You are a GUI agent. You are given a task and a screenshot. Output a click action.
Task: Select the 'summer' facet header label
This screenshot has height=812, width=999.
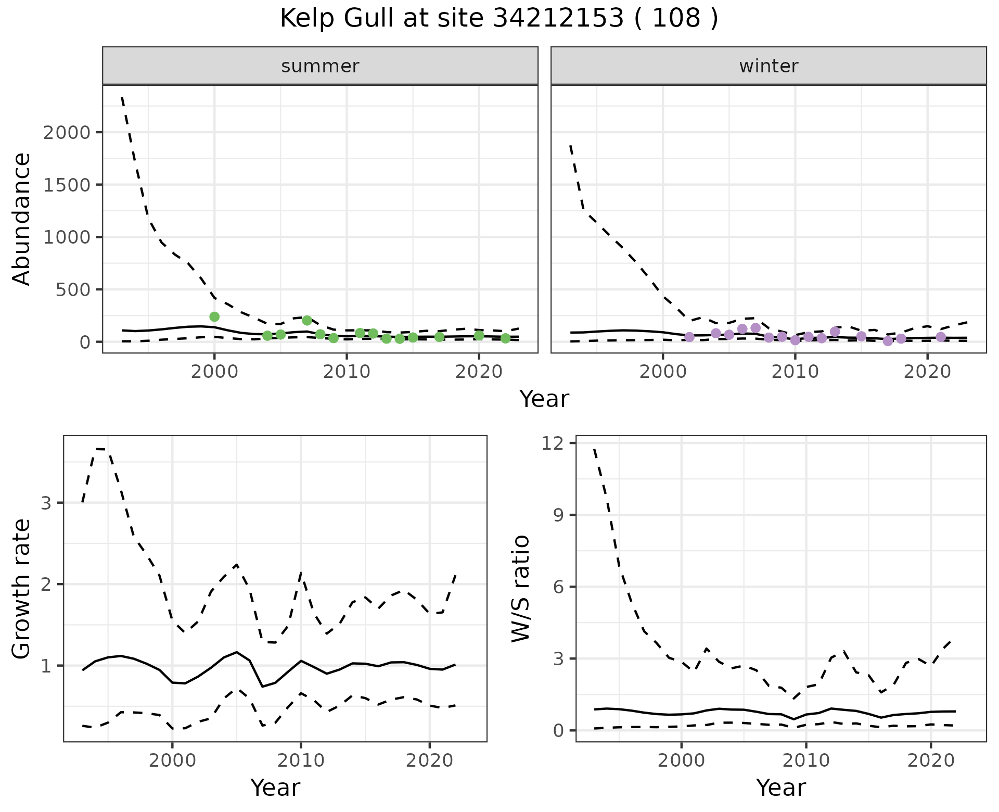pyautogui.click(x=320, y=66)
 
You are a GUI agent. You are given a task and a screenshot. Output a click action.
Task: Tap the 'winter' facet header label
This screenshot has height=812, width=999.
pyautogui.click(x=769, y=66)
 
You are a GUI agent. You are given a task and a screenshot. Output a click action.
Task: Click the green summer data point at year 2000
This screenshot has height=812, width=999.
pyautogui.click(x=214, y=316)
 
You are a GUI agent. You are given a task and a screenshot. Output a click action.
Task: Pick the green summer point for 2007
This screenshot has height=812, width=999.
pyautogui.click(x=307, y=320)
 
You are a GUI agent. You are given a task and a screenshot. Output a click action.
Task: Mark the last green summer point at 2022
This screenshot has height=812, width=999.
pyautogui.click(x=505, y=338)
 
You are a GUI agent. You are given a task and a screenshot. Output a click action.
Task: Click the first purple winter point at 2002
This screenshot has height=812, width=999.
pyautogui.click(x=689, y=337)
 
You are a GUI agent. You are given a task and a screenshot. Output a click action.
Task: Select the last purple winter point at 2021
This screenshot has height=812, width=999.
pyautogui.click(x=941, y=337)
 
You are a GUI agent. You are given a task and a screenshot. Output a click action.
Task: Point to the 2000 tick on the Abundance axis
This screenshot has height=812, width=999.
pyautogui.click(x=68, y=132)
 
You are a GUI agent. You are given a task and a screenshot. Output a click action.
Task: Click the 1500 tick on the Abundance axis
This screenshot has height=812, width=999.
pyautogui.click(x=68, y=185)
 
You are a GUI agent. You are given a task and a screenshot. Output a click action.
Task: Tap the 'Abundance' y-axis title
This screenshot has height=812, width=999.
pyautogui.click(x=22, y=219)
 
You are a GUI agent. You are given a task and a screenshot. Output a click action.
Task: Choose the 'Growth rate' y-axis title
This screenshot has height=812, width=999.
pyautogui.click(x=22, y=588)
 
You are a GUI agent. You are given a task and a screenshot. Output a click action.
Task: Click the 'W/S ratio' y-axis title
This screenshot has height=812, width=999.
pyautogui.click(x=520, y=588)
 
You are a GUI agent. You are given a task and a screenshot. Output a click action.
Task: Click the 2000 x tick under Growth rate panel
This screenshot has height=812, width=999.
pyautogui.click(x=172, y=760)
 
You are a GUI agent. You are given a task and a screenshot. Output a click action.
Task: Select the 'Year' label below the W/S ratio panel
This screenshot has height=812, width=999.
pyautogui.click(x=780, y=788)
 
